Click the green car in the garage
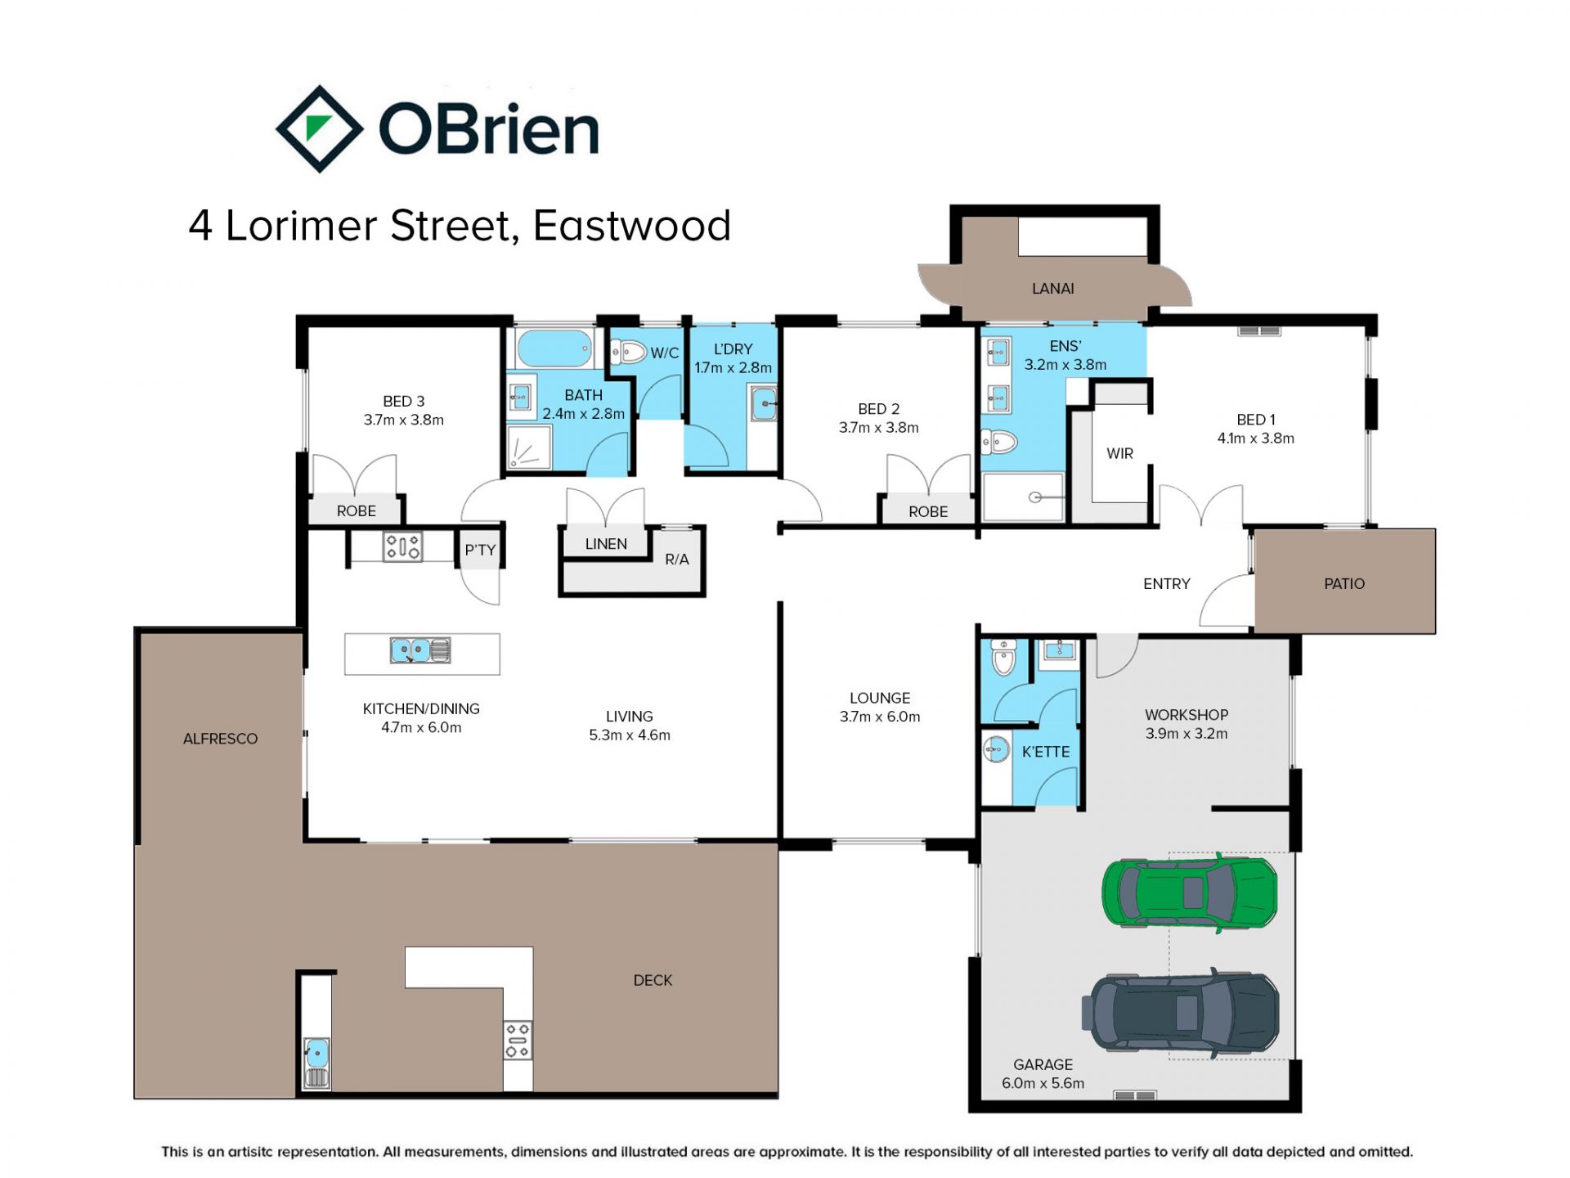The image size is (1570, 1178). coord(1189,892)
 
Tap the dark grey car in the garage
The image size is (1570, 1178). coord(1180,1012)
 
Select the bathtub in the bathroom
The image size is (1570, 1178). coord(554,348)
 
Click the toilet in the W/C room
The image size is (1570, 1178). coord(629,353)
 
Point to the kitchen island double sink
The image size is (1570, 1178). coord(420,650)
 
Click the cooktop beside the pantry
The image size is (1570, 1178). coord(402,546)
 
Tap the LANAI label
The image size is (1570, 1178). coord(1052,288)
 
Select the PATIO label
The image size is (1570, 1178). coord(1343,583)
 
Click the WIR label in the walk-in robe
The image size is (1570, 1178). coord(1119,453)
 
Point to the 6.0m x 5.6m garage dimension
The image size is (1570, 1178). coord(1043,1083)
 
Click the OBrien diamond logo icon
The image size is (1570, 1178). coord(319,128)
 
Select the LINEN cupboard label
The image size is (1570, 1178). coord(606,544)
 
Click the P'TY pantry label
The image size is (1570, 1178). coord(480,550)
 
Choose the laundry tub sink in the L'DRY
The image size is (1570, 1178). coord(764,403)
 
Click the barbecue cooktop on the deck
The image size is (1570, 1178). coord(518,1040)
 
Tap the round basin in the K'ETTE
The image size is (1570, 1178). coord(996,748)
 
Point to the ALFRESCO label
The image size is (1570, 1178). coord(220,739)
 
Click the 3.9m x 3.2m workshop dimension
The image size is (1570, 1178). coord(1186,734)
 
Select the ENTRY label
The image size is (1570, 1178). coord(1166,583)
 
